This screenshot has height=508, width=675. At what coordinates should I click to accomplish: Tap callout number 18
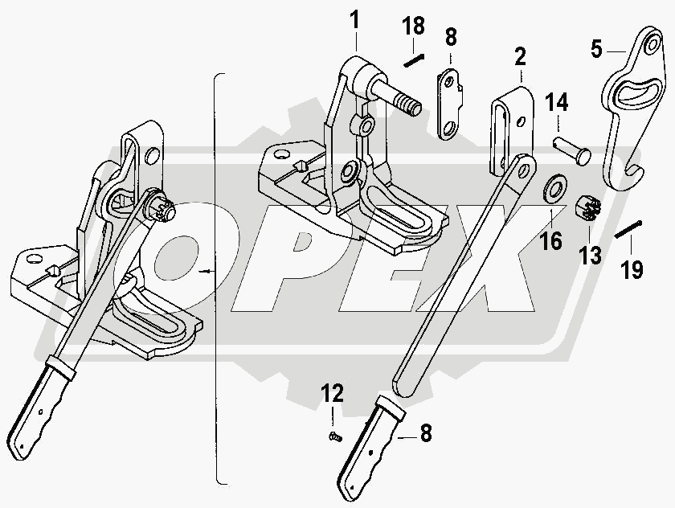[x=414, y=27]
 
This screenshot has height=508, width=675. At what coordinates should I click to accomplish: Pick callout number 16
[x=551, y=240]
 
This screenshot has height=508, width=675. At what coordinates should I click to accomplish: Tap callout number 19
[x=632, y=269]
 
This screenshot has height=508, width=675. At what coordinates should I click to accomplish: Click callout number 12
[x=333, y=394]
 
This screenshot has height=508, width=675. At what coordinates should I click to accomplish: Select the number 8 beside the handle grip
[x=425, y=434]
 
